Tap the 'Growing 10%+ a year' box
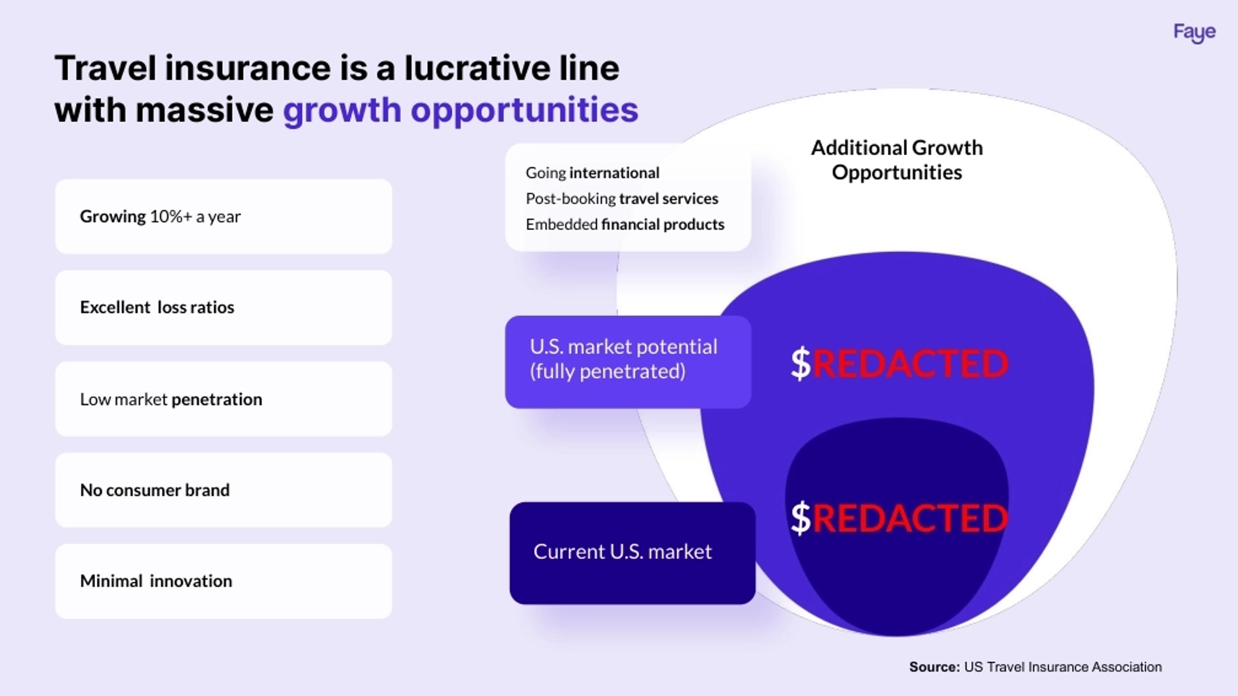point(223,217)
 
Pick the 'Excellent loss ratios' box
point(223,307)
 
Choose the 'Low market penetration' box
point(223,399)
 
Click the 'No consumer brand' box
point(223,490)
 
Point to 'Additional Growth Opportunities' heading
point(897,160)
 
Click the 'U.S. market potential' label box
point(628,362)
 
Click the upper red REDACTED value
point(910,363)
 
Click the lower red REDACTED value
point(910,518)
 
